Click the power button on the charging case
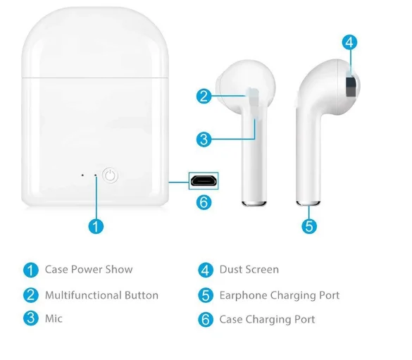[109, 175]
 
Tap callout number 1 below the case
[96, 226]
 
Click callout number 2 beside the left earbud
[204, 97]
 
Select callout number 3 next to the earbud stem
[204, 139]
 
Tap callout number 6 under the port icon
[204, 202]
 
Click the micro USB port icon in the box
[204, 180]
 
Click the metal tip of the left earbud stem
[254, 204]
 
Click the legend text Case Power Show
[89, 269]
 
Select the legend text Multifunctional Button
[101, 295]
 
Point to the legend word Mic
[54, 318]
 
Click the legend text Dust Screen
[249, 269]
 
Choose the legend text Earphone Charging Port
[279, 295]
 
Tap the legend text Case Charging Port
[267, 319]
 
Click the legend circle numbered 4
[206, 270]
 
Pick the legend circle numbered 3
[30, 318]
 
